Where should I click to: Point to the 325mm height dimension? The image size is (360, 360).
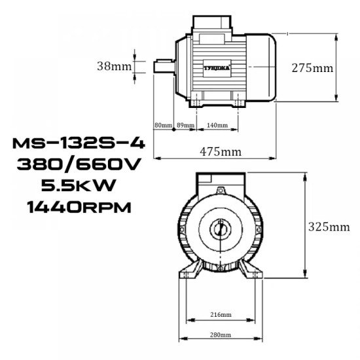[328, 227]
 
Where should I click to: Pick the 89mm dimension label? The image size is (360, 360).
[185, 125]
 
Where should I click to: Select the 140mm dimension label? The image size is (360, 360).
[217, 125]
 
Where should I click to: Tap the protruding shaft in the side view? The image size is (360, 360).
[164, 66]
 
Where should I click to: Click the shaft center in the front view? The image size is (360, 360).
[220, 229]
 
